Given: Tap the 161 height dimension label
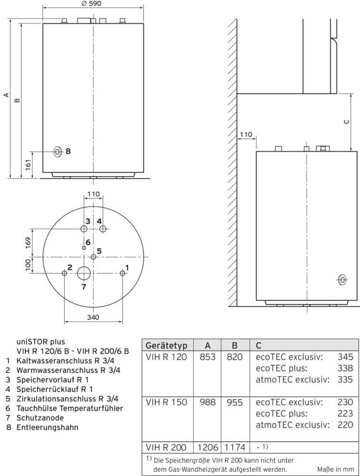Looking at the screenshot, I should point(28,165).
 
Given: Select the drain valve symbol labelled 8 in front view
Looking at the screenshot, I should point(58,152).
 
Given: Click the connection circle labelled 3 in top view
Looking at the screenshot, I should point(84,229).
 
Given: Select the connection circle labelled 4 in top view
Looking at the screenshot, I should point(103,229).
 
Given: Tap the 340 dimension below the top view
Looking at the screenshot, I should point(93,318).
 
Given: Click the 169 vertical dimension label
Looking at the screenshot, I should point(28,243).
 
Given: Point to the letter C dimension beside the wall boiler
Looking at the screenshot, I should point(346,122).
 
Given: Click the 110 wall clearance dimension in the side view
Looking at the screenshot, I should point(246,135).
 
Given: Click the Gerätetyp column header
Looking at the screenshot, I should point(167,345).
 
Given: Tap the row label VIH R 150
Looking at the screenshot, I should point(166,403).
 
